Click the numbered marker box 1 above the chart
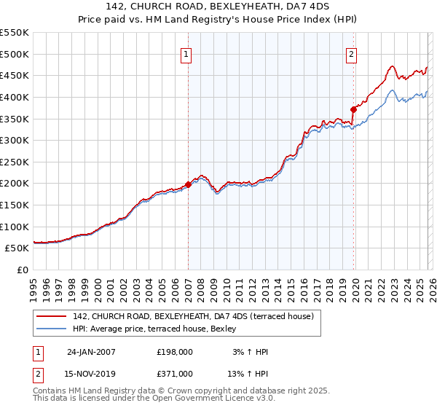[186, 53]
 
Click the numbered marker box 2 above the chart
[352, 53]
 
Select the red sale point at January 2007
[188, 184]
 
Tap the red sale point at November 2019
[353, 109]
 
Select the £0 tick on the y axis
[23, 270]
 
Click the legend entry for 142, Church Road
[193, 316]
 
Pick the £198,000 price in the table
[175, 352]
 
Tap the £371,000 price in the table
[175, 373]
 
